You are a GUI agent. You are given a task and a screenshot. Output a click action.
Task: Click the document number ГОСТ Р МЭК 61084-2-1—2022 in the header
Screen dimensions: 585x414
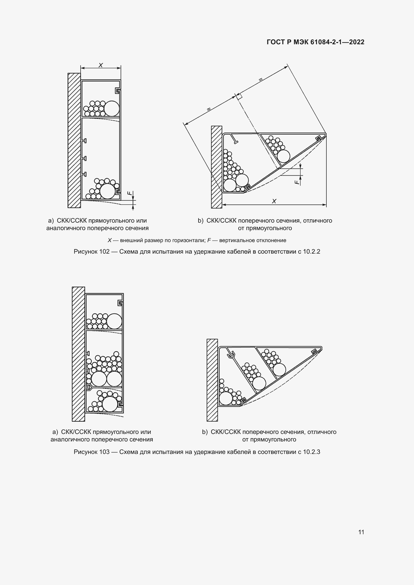pyautogui.click(x=315, y=42)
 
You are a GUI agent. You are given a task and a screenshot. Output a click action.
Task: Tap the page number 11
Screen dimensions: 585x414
pyautogui.click(x=361, y=532)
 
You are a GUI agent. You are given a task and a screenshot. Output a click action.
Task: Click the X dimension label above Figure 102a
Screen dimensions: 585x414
pyautogui.click(x=101, y=65)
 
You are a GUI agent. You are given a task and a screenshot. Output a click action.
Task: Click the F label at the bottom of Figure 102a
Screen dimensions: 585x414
pyautogui.click(x=130, y=193)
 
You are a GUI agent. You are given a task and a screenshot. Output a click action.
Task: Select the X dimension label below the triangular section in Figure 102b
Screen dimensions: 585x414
pyautogui.click(x=274, y=201)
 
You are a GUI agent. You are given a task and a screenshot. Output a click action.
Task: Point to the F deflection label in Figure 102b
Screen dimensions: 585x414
pyautogui.click(x=297, y=182)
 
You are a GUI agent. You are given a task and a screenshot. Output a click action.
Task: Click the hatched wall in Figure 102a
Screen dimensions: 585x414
pyautogui.click(x=74, y=140)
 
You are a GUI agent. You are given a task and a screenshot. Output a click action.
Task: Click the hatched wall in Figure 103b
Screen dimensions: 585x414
pyautogui.click(x=212, y=380)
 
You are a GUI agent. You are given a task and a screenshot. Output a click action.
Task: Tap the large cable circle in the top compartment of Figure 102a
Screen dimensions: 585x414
pyautogui.click(x=112, y=109)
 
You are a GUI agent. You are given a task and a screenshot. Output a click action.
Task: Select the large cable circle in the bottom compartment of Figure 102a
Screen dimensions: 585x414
pyautogui.click(x=108, y=191)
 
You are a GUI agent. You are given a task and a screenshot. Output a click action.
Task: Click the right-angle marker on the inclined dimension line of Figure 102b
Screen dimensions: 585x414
pyautogui.click(x=239, y=97)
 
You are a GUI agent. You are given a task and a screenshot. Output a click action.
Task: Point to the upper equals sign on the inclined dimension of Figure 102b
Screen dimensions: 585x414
pyautogui.click(x=260, y=80)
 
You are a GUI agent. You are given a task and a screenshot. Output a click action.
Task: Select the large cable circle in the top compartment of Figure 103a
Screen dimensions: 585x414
pyautogui.click(x=114, y=321)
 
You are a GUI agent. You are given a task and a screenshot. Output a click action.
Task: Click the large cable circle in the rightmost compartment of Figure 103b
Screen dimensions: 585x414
pyautogui.click(x=279, y=369)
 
